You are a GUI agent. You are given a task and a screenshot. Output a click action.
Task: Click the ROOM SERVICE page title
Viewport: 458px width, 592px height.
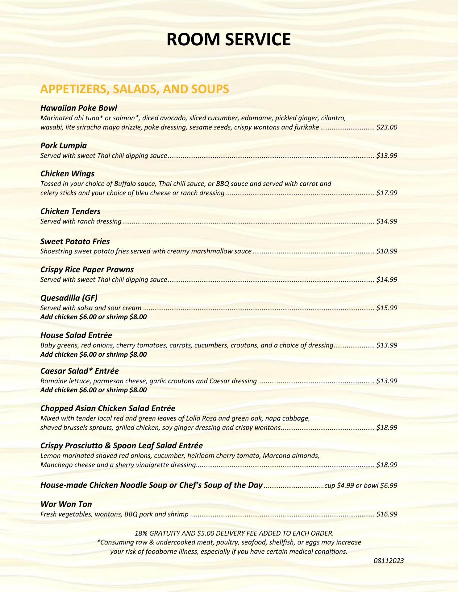pos(228,39)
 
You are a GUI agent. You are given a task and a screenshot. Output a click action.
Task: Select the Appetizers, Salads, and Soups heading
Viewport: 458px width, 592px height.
pos(135,89)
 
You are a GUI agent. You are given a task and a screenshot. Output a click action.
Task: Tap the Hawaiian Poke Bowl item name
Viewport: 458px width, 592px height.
pos(79,108)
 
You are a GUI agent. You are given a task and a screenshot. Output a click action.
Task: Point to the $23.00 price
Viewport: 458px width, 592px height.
pos(387,127)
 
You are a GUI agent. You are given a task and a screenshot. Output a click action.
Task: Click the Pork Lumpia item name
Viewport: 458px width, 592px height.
pos(64,146)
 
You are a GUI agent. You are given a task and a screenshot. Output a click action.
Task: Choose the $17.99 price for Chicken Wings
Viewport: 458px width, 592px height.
pos(387,193)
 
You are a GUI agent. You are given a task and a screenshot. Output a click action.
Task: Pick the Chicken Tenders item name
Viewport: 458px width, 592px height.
pos(70,211)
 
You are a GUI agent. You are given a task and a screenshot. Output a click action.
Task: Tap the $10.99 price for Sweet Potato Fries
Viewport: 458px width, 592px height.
pos(387,251)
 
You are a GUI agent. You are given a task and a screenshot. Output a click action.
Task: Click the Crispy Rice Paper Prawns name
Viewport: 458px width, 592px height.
pos(87,269)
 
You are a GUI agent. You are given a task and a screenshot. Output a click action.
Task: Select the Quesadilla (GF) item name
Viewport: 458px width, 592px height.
pos(69,298)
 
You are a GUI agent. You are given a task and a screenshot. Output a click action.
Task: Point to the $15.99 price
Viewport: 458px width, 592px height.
pos(387,308)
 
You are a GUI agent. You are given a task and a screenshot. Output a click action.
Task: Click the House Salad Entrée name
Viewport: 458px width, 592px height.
pos(76,335)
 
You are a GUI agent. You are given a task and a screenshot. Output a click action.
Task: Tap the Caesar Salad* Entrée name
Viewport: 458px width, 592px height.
pos(80,371)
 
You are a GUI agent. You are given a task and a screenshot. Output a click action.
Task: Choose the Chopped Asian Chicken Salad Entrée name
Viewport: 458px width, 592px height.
pos(108,408)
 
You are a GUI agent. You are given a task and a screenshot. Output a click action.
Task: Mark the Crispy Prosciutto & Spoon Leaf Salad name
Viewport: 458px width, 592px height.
pos(122,446)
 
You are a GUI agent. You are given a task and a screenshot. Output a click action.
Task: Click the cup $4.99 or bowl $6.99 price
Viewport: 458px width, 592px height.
pos(361,486)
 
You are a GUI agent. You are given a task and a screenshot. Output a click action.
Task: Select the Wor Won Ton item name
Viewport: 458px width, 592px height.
pos(66,504)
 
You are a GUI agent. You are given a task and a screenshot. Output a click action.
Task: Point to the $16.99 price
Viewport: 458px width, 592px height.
pos(387,514)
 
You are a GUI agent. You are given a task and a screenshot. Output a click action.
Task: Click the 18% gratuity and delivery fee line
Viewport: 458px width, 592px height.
pos(234,533)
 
